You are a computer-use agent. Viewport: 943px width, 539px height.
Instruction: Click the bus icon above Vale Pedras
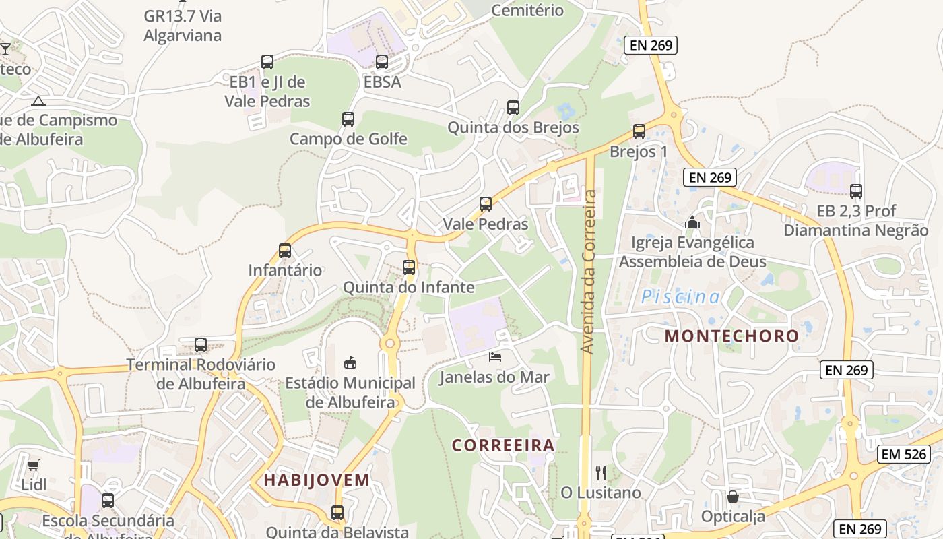pos(486,203)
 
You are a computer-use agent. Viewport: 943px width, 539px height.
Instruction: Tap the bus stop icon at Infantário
pos(285,251)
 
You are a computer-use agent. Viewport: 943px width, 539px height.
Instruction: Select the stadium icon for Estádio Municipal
pos(350,363)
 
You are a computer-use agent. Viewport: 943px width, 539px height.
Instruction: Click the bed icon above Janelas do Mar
pos(495,357)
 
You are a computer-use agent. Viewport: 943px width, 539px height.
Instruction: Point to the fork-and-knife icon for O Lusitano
pos(601,472)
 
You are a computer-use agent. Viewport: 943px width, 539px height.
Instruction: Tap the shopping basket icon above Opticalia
pos(733,497)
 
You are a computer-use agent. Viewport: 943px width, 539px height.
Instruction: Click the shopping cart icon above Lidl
pos(33,465)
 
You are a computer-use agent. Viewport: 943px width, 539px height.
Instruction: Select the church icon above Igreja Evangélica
pos(692,222)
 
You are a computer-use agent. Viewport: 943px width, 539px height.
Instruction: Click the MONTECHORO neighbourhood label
pos(731,336)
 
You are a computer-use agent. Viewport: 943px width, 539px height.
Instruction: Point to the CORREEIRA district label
pos(503,445)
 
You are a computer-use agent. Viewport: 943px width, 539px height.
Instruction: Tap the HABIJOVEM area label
pos(317,480)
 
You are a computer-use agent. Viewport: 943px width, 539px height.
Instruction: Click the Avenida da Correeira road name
pos(588,272)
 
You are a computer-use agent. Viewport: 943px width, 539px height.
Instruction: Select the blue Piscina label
pos(680,296)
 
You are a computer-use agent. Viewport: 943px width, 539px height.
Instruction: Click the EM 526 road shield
pos(904,454)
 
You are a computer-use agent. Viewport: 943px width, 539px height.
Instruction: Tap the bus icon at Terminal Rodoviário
pos(201,345)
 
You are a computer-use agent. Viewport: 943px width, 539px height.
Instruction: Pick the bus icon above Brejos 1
pos(639,131)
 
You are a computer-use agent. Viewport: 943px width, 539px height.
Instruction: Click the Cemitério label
pos(527,10)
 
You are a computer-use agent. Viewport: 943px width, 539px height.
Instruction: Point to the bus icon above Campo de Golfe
pos(348,119)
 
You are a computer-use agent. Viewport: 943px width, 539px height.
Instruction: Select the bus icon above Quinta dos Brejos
pos(513,107)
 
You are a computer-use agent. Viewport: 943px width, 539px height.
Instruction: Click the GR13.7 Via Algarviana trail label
pos(183,26)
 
